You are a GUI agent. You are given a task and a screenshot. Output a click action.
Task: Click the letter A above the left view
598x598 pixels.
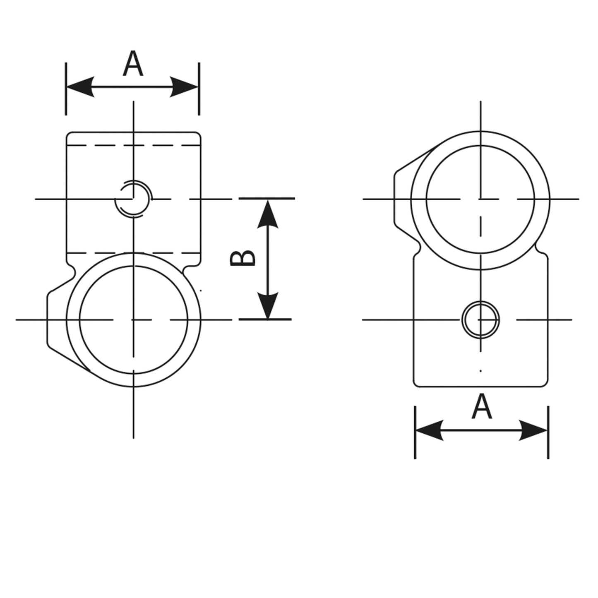(x=133, y=64)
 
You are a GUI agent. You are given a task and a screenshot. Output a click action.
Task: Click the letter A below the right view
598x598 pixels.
(x=481, y=406)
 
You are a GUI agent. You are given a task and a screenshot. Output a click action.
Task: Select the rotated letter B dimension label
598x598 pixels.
(x=243, y=258)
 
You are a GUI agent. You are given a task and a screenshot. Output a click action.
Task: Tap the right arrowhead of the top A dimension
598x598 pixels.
(x=184, y=86)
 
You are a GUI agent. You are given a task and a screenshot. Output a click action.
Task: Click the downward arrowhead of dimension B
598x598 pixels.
(x=268, y=305)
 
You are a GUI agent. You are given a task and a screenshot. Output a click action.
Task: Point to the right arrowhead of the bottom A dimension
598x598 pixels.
(x=533, y=430)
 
